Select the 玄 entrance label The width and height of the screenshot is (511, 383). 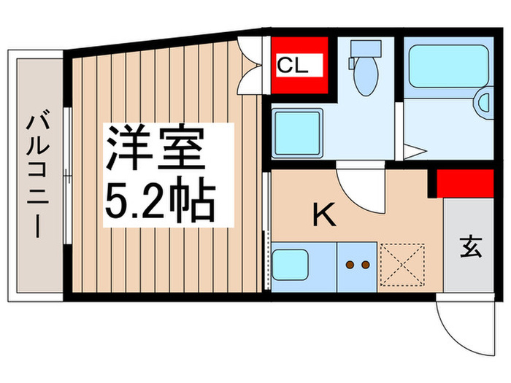(470, 249)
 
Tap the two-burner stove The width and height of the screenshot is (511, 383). (356, 265)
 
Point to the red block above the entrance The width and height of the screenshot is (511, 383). (463, 183)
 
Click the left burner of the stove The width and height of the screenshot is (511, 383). (349, 265)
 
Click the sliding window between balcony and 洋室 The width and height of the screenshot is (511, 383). (66, 175)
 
